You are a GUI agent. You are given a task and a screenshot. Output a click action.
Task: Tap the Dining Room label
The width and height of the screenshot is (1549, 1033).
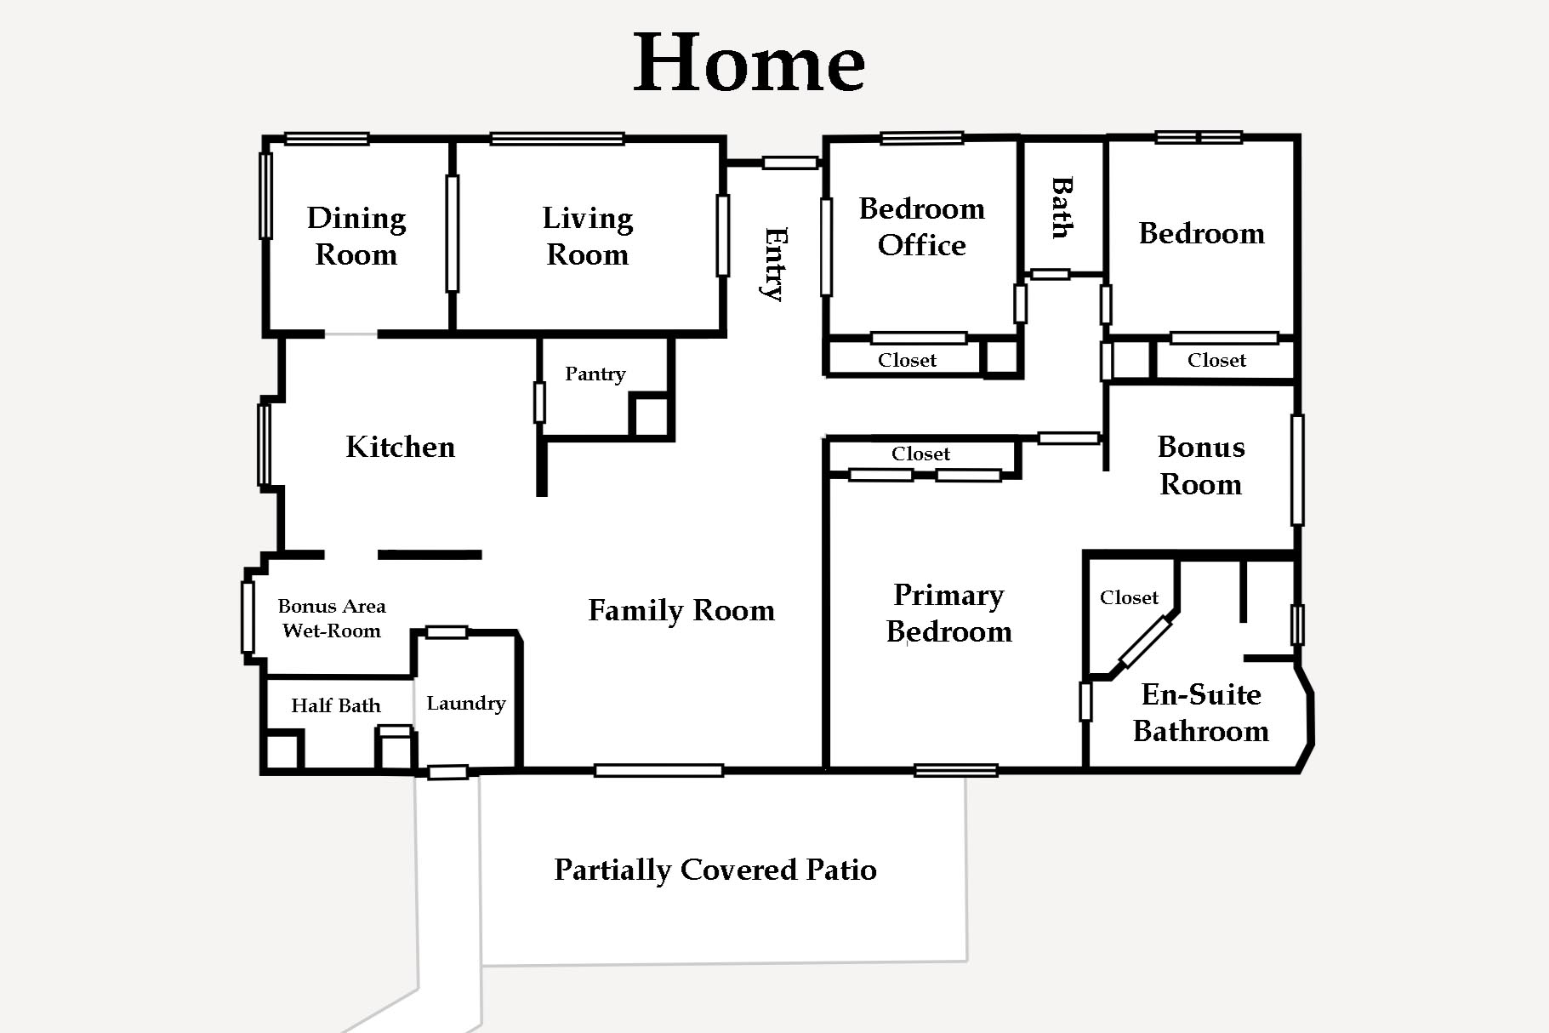[x=356, y=237]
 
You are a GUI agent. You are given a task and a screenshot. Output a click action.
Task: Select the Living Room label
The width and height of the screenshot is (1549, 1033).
[x=588, y=237]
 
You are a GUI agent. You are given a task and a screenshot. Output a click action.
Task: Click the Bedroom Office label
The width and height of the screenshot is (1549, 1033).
[x=922, y=226]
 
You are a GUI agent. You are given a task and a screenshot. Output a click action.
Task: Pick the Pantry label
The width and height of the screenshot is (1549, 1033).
[x=595, y=374]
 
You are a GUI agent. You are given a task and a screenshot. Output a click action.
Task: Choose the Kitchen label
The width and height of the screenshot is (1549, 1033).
[x=401, y=447]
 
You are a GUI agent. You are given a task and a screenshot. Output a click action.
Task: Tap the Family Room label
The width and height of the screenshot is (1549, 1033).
[x=681, y=610]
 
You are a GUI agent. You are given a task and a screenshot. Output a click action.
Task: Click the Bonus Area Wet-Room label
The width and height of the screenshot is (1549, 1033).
[x=332, y=619]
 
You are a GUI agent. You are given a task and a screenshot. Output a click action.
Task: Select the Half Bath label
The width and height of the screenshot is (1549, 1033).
[x=336, y=705]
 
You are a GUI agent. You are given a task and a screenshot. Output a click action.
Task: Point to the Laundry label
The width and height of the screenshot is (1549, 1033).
[x=466, y=704]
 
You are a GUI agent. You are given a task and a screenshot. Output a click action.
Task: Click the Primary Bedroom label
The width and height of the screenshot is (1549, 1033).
[x=949, y=614]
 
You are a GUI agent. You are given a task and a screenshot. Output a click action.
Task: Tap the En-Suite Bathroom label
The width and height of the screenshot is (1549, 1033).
[x=1201, y=713]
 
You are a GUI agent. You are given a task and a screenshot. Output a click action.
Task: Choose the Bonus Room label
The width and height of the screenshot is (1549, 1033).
[x=1201, y=465]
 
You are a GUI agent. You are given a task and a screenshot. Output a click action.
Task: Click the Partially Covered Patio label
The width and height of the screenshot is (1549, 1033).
[x=715, y=870]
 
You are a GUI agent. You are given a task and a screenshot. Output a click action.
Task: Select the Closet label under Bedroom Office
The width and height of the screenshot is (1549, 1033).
[x=908, y=360]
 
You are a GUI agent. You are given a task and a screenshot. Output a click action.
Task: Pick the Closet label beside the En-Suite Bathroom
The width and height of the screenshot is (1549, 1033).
[x=1130, y=597]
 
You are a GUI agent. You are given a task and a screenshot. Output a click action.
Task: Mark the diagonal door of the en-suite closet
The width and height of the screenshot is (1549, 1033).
[x=1146, y=642]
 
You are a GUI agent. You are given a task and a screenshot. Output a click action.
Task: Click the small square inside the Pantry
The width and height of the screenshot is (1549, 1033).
[x=652, y=416]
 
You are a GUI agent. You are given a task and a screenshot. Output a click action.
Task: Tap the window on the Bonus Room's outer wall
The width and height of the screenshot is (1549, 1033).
[x=1297, y=470]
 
